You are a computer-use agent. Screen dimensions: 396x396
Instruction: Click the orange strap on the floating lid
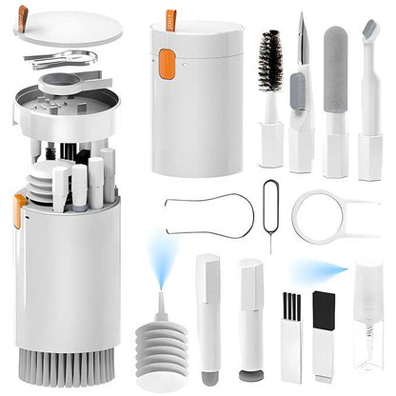click(x=22, y=13)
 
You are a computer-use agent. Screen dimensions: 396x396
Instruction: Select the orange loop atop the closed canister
click(x=170, y=19)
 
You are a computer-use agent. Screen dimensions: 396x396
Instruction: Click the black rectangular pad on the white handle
click(x=324, y=308)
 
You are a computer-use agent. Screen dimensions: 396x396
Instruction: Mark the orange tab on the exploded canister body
click(x=19, y=208)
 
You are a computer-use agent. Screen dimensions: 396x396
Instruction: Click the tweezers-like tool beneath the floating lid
click(x=62, y=60)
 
